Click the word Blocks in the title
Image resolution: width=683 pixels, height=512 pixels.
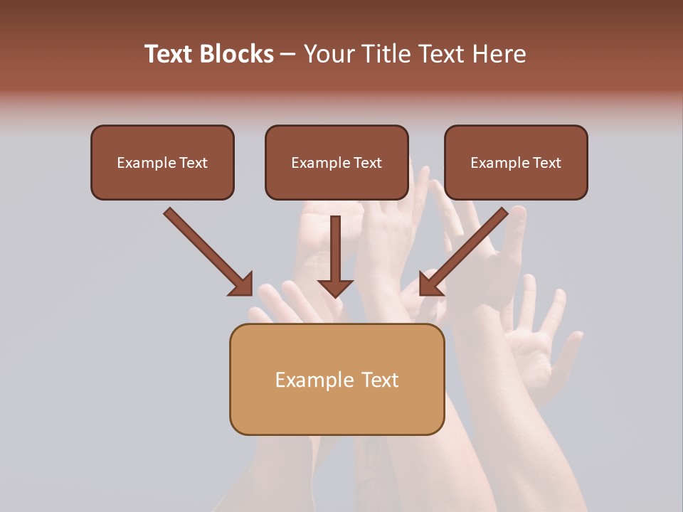pyautogui.click(x=238, y=54)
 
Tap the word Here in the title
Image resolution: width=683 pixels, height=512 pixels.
pyautogui.click(x=500, y=54)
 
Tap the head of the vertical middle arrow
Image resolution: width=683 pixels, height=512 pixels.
pyautogui.click(x=335, y=287)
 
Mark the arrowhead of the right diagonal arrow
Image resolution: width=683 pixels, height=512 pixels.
pyautogui.click(x=429, y=284)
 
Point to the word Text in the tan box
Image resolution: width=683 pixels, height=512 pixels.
pyautogui.click(x=381, y=380)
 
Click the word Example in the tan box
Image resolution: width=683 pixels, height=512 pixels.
pyautogui.click(x=314, y=380)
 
